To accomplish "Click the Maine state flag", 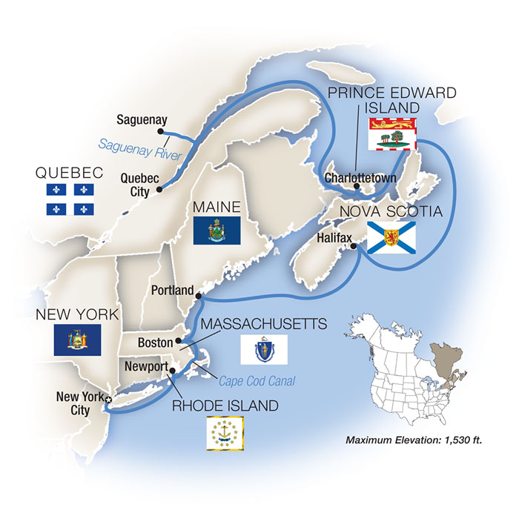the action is click(x=216, y=231).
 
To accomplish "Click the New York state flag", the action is click(x=77, y=340).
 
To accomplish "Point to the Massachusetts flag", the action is click(x=263, y=348).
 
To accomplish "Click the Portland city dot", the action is click(x=198, y=296).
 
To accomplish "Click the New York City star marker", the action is click(x=109, y=400).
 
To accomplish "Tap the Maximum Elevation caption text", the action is click(x=414, y=440).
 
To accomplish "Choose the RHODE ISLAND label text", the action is click(x=225, y=406).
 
